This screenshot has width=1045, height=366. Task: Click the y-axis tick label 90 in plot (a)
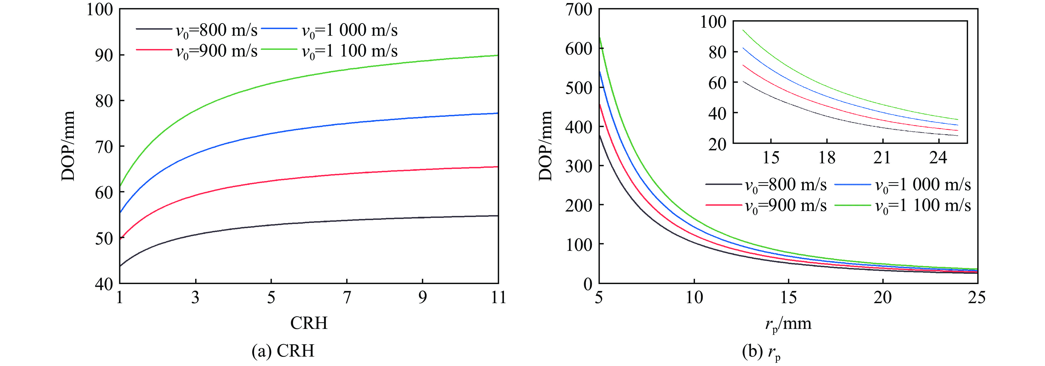click(104, 55)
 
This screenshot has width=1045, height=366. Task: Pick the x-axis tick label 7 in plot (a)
click(347, 298)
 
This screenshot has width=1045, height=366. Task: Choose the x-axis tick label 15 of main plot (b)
click(788, 298)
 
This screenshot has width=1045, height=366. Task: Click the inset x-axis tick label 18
click(827, 158)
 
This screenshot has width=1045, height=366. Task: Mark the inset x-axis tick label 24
click(938, 158)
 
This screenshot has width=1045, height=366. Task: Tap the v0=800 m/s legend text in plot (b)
click(786, 185)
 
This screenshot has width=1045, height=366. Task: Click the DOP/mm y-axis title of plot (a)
click(68, 145)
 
